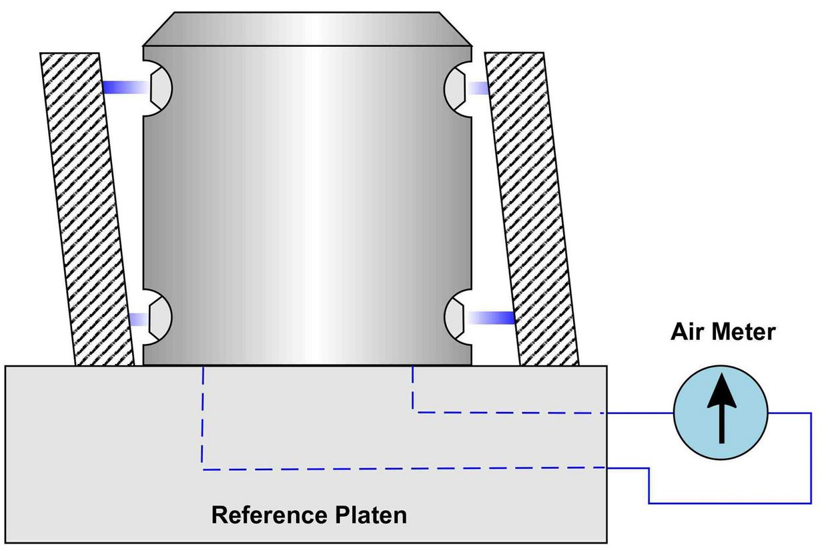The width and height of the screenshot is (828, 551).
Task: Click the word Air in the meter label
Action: (x=686, y=331)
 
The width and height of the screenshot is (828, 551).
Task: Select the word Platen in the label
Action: (x=371, y=515)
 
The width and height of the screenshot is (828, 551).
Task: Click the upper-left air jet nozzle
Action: (x=161, y=89)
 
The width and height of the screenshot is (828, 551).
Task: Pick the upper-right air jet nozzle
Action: (x=454, y=89)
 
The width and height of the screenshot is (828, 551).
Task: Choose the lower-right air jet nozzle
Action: (x=454, y=319)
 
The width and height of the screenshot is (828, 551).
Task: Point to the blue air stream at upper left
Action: (x=126, y=87)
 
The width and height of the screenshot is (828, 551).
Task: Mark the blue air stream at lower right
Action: (x=491, y=318)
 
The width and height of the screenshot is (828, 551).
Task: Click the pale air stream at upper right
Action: (x=478, y=88)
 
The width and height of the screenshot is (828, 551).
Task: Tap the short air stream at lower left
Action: (x=139, y=319)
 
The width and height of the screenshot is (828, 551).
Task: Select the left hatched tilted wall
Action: (x=87, y=209)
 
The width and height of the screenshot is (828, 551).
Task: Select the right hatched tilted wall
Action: (x=532, y=209)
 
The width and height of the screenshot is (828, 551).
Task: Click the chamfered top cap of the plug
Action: (x=307, y=29)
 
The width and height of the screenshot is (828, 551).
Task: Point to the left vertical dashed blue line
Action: (x=203, y=418)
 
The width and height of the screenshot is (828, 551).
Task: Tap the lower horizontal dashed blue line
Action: (x=404, y=469)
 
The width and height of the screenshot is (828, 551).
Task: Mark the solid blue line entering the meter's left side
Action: (x=641, y=413)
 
